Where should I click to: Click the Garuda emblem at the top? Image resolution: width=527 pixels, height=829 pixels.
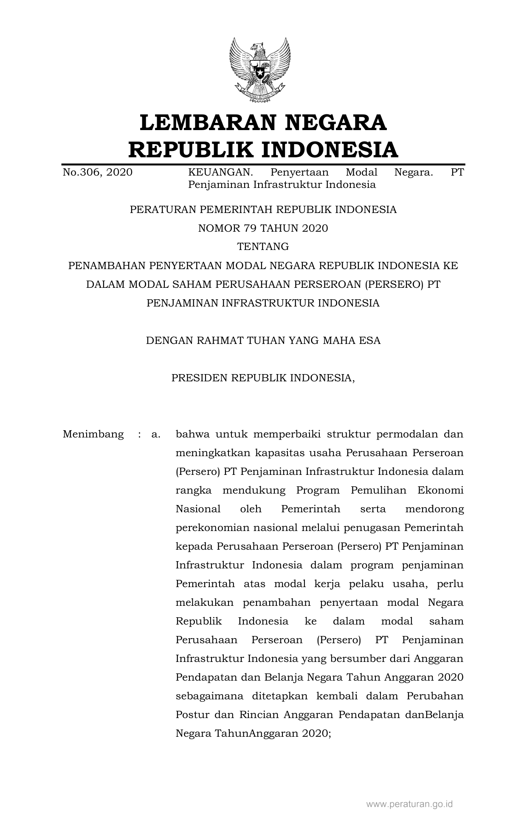point(260,70)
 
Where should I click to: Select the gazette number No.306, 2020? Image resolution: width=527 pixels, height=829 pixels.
point(97,172)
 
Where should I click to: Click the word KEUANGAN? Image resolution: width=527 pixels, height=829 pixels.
point(220,172)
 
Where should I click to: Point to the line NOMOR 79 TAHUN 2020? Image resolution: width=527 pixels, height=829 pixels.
point(263,228)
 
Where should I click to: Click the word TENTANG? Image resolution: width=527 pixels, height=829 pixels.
point(263,247)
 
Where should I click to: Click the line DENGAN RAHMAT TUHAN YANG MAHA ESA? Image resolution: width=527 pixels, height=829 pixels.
point(263,341)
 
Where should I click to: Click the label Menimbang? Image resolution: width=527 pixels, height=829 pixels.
point(93,434)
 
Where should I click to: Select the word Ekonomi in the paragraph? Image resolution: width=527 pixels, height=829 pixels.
point(440,490)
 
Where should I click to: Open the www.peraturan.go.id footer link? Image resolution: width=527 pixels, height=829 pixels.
point(409,804)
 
